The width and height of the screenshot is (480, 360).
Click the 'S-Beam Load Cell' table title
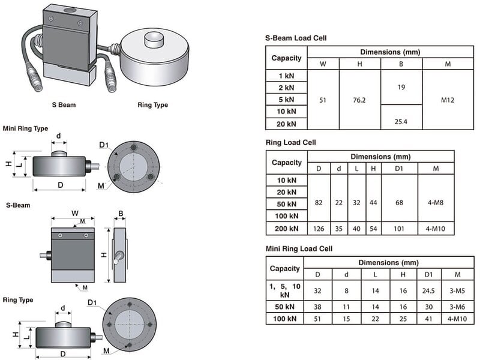(x=296, y=38)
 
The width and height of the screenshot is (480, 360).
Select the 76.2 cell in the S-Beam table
(x=360, y=100)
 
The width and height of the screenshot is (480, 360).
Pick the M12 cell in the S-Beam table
(x=447, y=100)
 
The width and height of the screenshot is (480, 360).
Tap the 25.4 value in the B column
(x=401, y=122)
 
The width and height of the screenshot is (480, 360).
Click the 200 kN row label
(x=286, y=229)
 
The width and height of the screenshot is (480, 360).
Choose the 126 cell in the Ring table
(x=319, y=229)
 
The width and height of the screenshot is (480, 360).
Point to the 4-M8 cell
(x=436, y=203)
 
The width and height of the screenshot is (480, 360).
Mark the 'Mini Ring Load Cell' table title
(x=299, y=248)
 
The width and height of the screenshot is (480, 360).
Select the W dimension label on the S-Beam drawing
(x=74, y=213)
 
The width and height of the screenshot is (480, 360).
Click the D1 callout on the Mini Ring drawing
(x=103, y=145)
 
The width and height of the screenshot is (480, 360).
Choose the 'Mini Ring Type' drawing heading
(x=25, y=128)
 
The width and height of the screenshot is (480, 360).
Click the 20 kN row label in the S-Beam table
(x=286, y=124)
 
